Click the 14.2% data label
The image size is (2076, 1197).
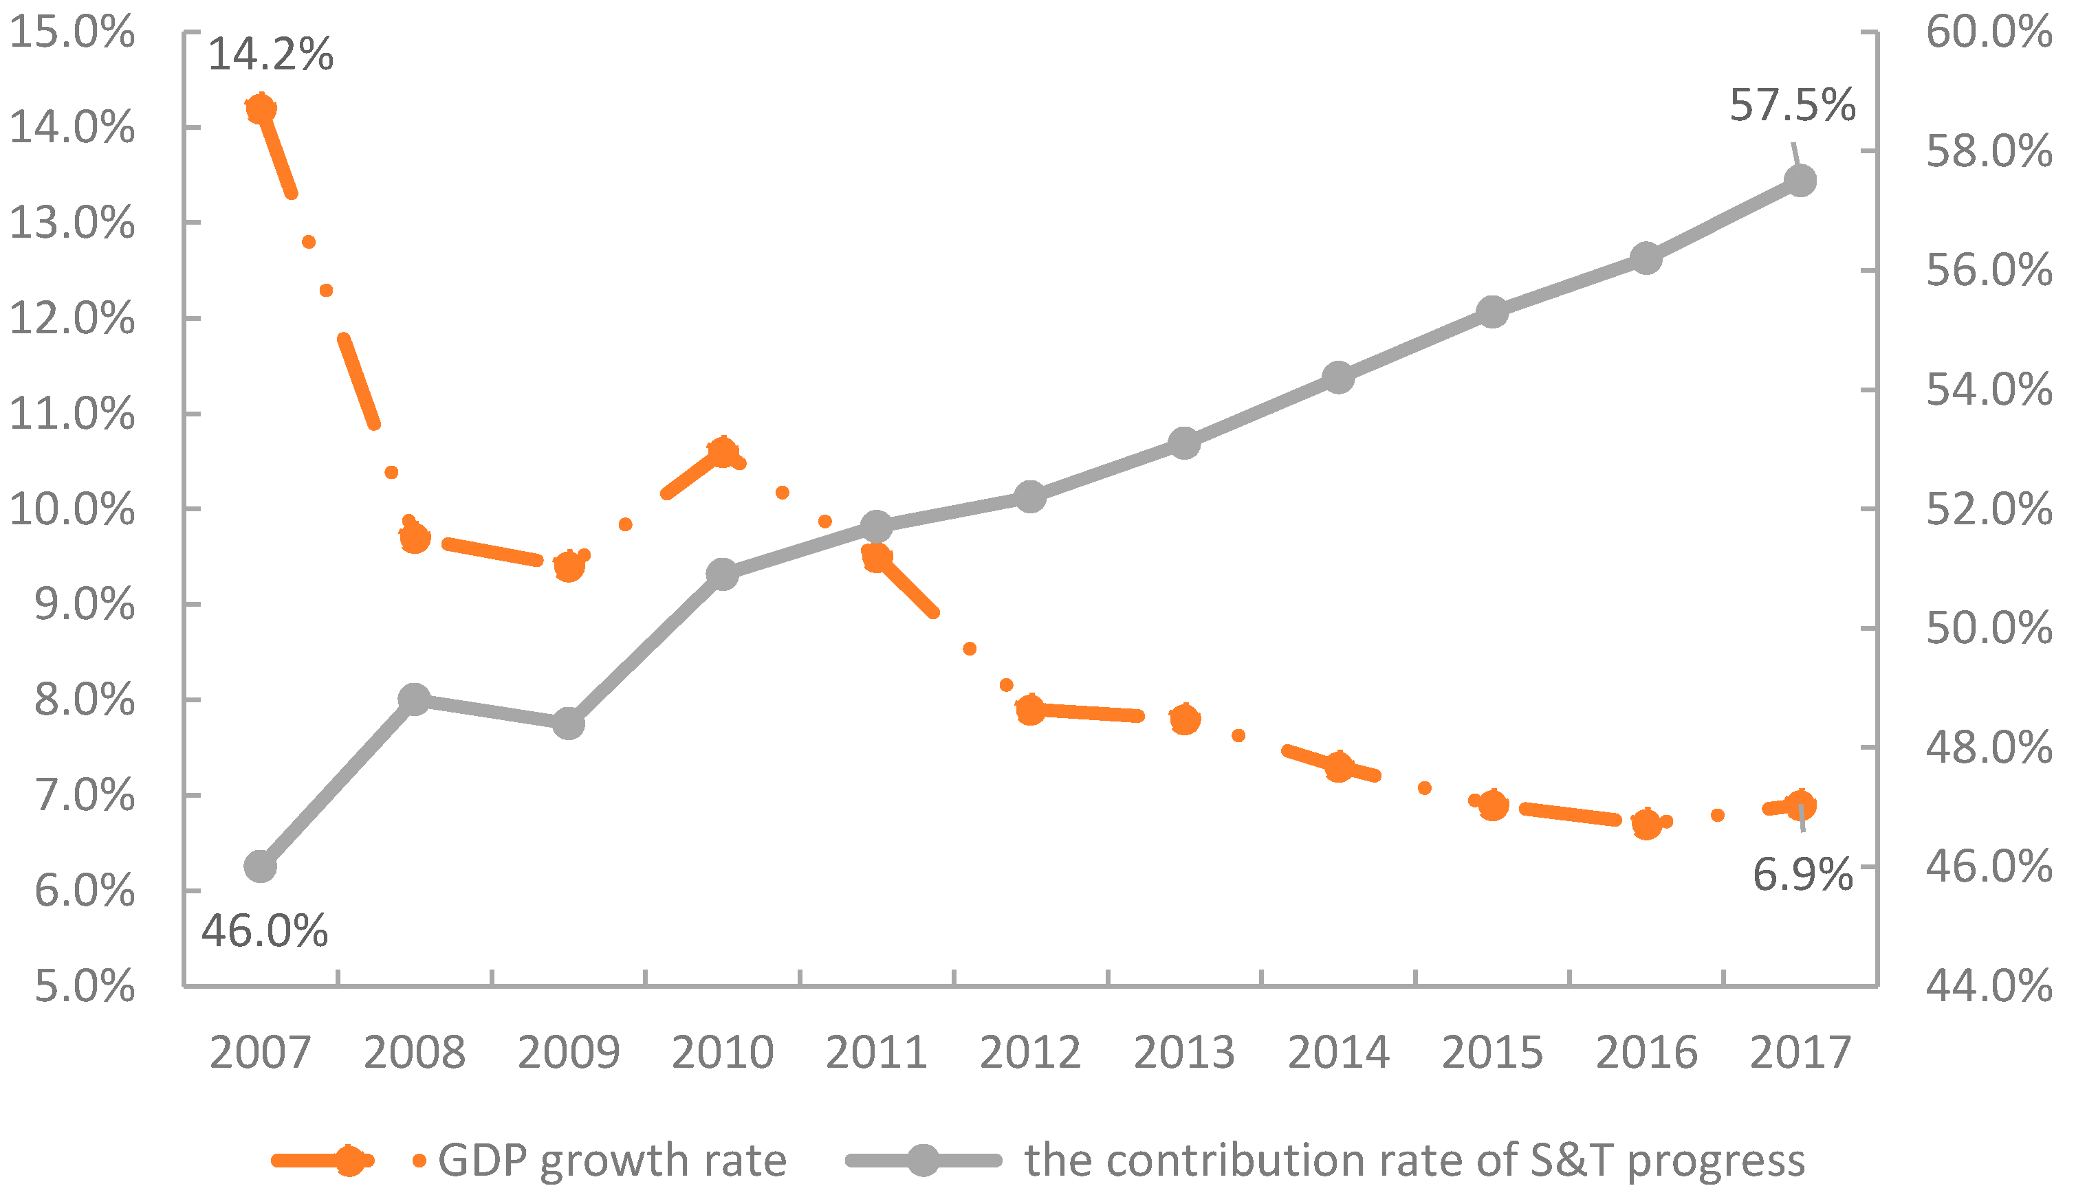(x=271, y=54)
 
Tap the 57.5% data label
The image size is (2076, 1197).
(x=1792, y=105)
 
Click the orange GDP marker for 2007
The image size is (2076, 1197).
(x=261, y=109)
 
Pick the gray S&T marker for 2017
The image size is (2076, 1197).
(x=1800, y=180)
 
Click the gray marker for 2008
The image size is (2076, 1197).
(x=415, y=699)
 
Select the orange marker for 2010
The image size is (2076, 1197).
(x=722, y=451)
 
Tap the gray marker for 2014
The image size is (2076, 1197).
(x=1338, y=377)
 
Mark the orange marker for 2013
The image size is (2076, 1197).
(x=1184, y=719)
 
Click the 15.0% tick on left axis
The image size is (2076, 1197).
(x=72, y=33)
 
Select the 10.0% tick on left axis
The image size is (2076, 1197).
(x=72, y=510)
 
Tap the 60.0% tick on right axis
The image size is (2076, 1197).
(x=1989, y=33)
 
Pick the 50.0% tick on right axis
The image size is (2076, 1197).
(x=1989, y=629)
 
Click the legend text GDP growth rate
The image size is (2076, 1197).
(x=612, y=1160)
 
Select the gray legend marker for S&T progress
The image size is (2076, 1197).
(x=923, y=1160)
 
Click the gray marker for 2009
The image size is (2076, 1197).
(x=569, y=724)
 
